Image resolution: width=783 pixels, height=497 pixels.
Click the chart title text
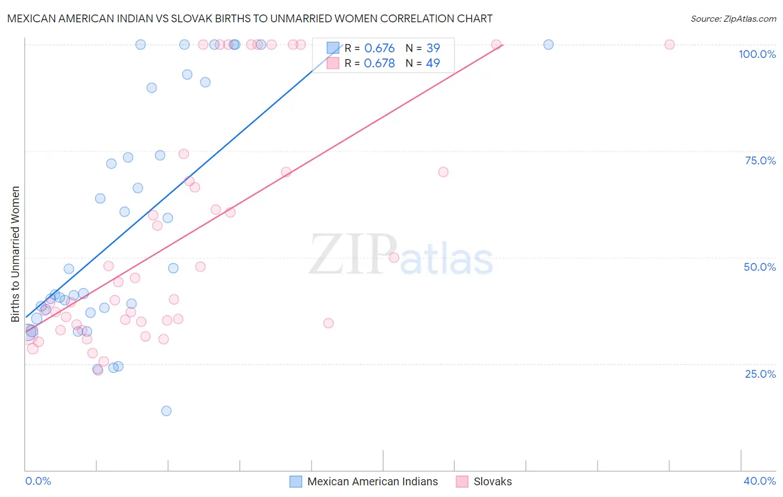(x=249, y=18)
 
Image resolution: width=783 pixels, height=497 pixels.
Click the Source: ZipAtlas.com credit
(x=733, y=18)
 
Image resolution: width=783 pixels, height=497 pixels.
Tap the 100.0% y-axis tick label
(x=757, y=54)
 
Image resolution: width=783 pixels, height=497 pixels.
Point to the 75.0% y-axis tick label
(x=760, y=160)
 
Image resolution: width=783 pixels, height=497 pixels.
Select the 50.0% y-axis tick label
(x=760, y=267)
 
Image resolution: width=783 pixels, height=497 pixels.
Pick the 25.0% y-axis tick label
(x=760, y=373)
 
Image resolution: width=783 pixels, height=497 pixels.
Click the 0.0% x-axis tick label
(x=38, y=481)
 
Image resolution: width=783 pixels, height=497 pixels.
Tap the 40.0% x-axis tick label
(x=760, y=481)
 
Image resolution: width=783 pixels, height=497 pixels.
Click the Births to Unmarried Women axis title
(x=15, y=254)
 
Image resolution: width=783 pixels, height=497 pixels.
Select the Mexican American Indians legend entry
(x=364, y=481)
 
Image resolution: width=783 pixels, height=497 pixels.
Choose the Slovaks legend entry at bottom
(x=484, y=481)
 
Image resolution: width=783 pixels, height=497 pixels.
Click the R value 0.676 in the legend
(x=379, y=48)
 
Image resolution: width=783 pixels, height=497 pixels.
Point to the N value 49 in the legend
(x=433, y=64)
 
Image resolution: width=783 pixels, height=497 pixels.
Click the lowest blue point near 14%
(x=166, y=411)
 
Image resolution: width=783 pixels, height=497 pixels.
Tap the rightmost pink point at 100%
(x=669, y=45)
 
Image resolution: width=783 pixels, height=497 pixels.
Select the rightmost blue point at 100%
(x=549, y=45)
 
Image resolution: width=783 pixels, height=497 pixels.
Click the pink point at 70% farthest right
(x=443, y=172)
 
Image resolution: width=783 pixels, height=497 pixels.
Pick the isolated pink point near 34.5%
(x=329, y=323)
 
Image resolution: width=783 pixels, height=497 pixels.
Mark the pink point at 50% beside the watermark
(x=394, y=257)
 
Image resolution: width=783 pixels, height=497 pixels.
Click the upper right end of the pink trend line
(x=503, y=45)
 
